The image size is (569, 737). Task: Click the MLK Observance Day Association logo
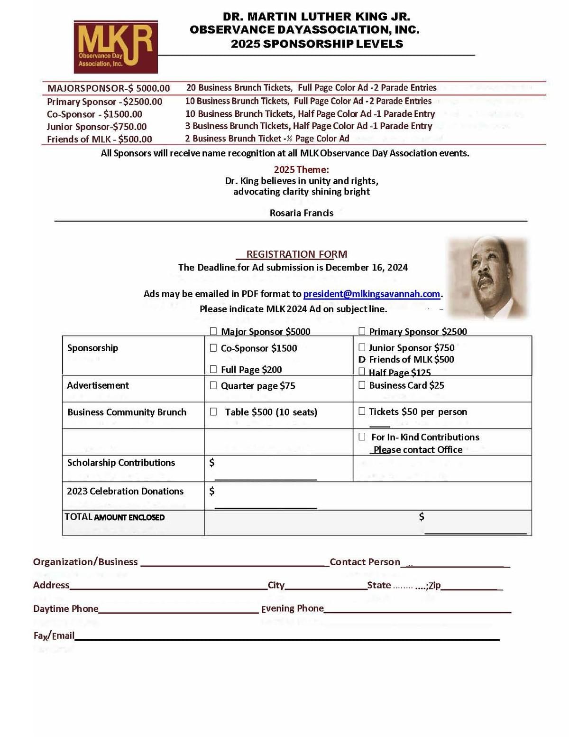116,47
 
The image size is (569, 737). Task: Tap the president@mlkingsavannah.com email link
371,294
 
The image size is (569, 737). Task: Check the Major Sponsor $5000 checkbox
213,331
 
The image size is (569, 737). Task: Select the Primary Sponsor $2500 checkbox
362,331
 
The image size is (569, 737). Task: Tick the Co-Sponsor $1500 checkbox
213,348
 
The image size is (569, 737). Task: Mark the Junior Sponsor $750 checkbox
362,347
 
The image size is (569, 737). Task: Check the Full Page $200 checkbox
213,369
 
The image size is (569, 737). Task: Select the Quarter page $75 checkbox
213,385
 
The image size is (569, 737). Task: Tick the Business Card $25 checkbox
362,385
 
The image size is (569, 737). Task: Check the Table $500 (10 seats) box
213,411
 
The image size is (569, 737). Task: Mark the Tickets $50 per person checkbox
362,411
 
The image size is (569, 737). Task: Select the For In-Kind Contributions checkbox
362,437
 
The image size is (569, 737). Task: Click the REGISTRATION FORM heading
296,254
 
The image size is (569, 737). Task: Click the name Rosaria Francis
302,213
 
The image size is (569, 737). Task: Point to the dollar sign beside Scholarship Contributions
212,462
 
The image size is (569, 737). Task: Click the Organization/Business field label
85,562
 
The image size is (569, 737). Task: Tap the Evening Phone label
293,608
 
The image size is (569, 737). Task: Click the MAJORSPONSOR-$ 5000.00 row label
109,88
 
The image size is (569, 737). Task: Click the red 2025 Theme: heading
301,169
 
